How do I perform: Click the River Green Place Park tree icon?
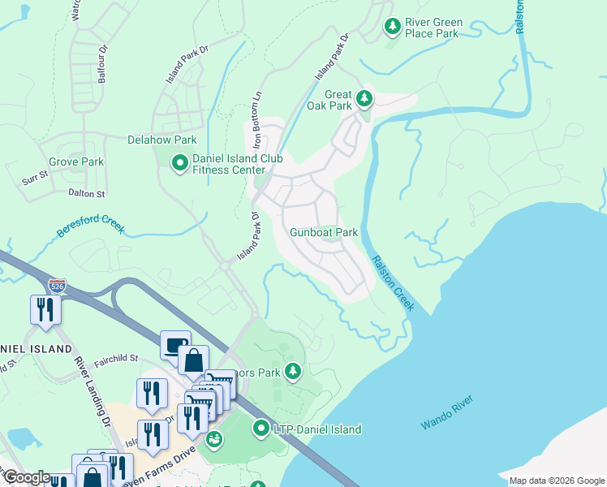coord(393,28)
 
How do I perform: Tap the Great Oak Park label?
coord(329,99)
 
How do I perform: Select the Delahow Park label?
coord(162,140)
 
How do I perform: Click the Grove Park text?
coord(76,162)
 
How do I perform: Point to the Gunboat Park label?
coord(324,232)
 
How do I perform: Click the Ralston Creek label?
coord(394,283)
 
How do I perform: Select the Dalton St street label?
coord(88,194)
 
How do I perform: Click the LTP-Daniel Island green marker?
coord(261,428)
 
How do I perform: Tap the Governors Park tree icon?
coord(293,373)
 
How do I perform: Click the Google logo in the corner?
coord(27,477)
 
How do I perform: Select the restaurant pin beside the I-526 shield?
coord(44,309)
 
